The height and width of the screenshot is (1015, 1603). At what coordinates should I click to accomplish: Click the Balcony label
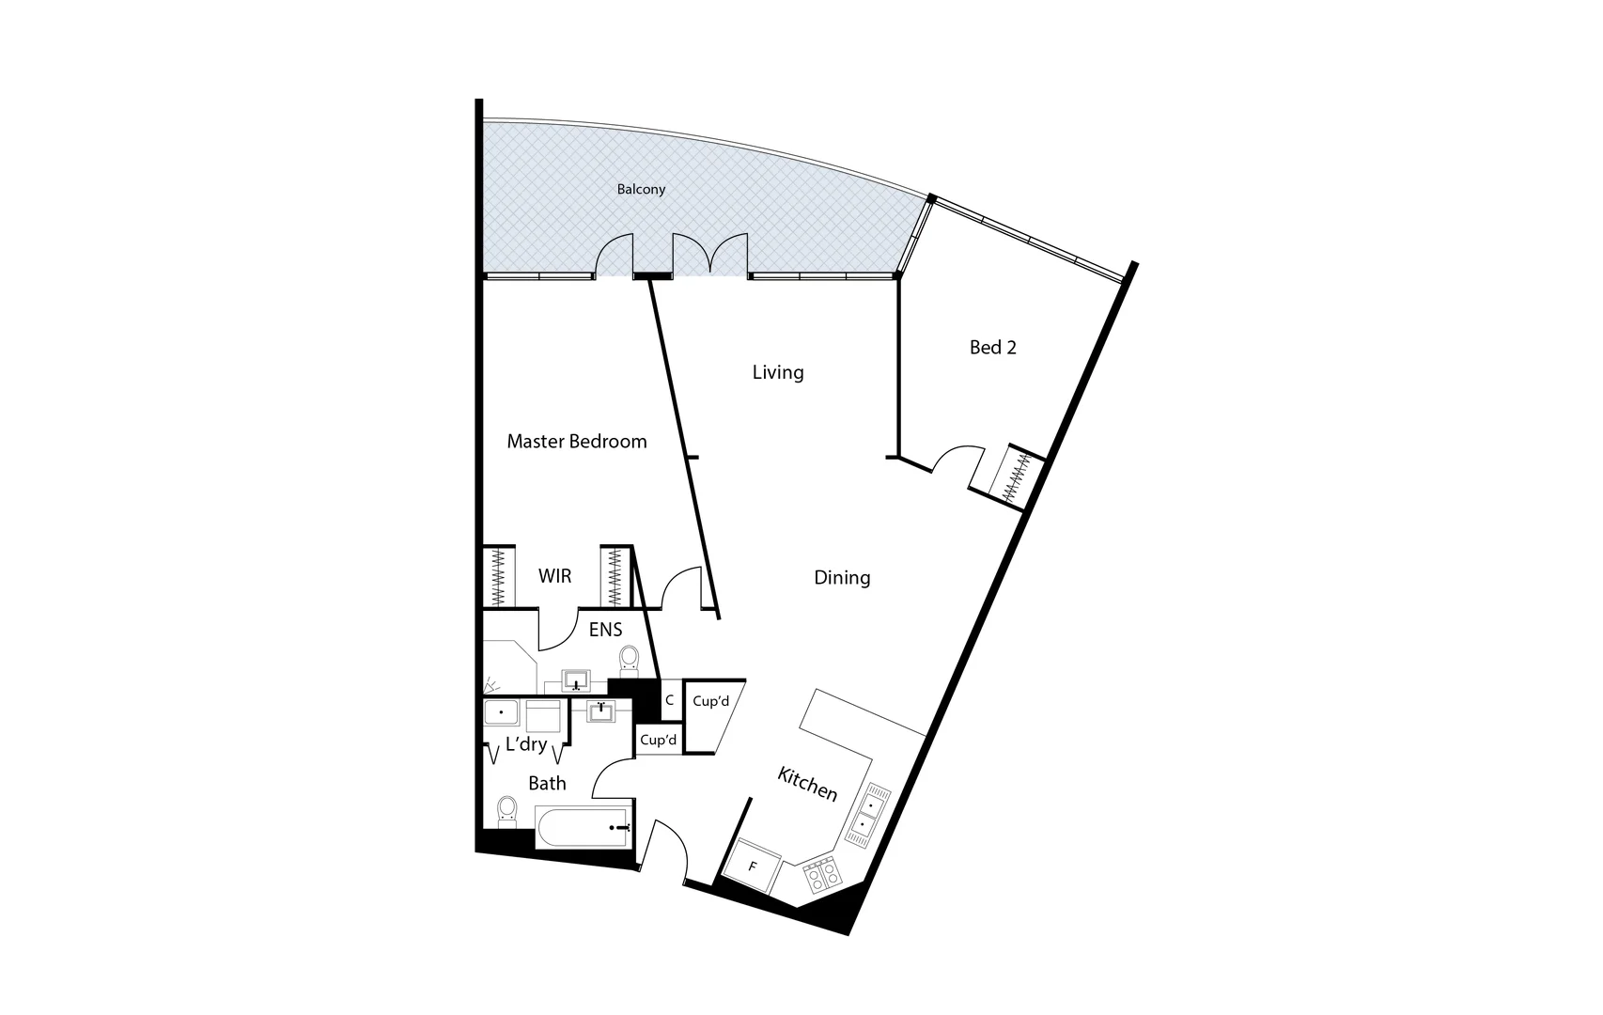coord(641,190)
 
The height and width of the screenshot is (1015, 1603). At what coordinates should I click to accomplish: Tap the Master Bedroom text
coord(576,442)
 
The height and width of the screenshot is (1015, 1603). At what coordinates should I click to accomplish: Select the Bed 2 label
coord(992,348)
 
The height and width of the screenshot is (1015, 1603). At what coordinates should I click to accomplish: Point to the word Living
coord(778,373)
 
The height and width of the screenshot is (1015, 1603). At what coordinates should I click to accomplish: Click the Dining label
coord(842,578)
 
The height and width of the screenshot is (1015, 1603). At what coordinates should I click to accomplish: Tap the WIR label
coord(554,576)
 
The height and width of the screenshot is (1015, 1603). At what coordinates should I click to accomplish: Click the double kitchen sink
coord(869,814)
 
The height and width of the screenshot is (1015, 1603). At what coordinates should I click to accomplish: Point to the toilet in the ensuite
coord(629,660)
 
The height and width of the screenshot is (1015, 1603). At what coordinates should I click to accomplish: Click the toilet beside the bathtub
coord(507,811)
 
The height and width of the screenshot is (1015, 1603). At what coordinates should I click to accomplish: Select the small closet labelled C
coord(669,701)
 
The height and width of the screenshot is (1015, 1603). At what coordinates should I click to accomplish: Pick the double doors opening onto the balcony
coord(710,254)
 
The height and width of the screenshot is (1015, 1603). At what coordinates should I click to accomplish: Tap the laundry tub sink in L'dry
coord(501,713)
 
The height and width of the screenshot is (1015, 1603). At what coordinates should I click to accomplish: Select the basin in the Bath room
coord(599,711)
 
